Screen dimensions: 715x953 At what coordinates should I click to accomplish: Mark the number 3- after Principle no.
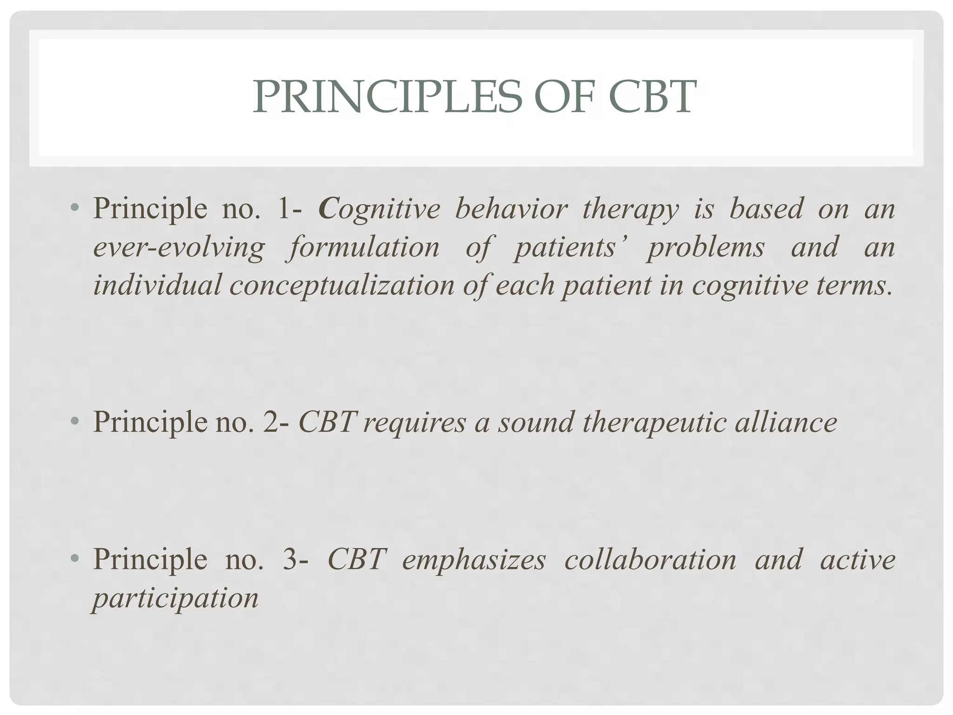pos(295,559)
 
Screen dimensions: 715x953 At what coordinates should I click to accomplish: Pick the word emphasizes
pos(474,560)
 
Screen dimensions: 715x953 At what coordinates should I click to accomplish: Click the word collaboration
pos(650,559)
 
